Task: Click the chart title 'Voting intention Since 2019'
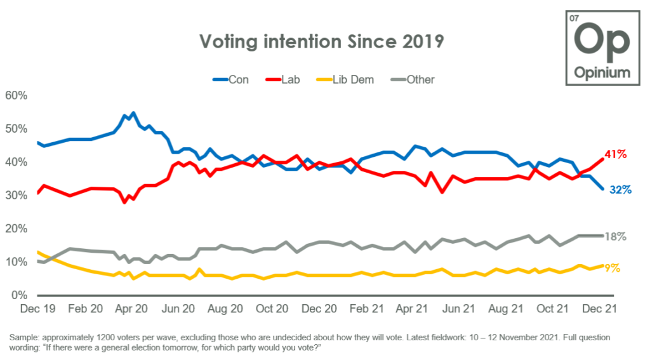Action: pyautogui.click(x=321, y=42)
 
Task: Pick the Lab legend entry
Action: pyautogui.click(x=284, y=79)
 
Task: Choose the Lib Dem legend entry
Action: pyautogui.click(x=347, y=79)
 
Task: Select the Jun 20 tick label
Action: pyautogui.click(x=179, y=309)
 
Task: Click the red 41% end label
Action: pyautogui.click(x=615, y=154)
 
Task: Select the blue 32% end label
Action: pyautogui.click(x=620, y=189)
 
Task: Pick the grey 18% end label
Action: pyautogui.click(x=614, y=236)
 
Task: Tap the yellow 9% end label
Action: pyautogui.click(x=612, y=268)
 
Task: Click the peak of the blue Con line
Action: pyautogui.click(x=133, y=114)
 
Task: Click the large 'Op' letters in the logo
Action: pyautogui.click(x=602, y=40)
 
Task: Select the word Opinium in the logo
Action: pyautogui.click(x=602, y=72)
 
